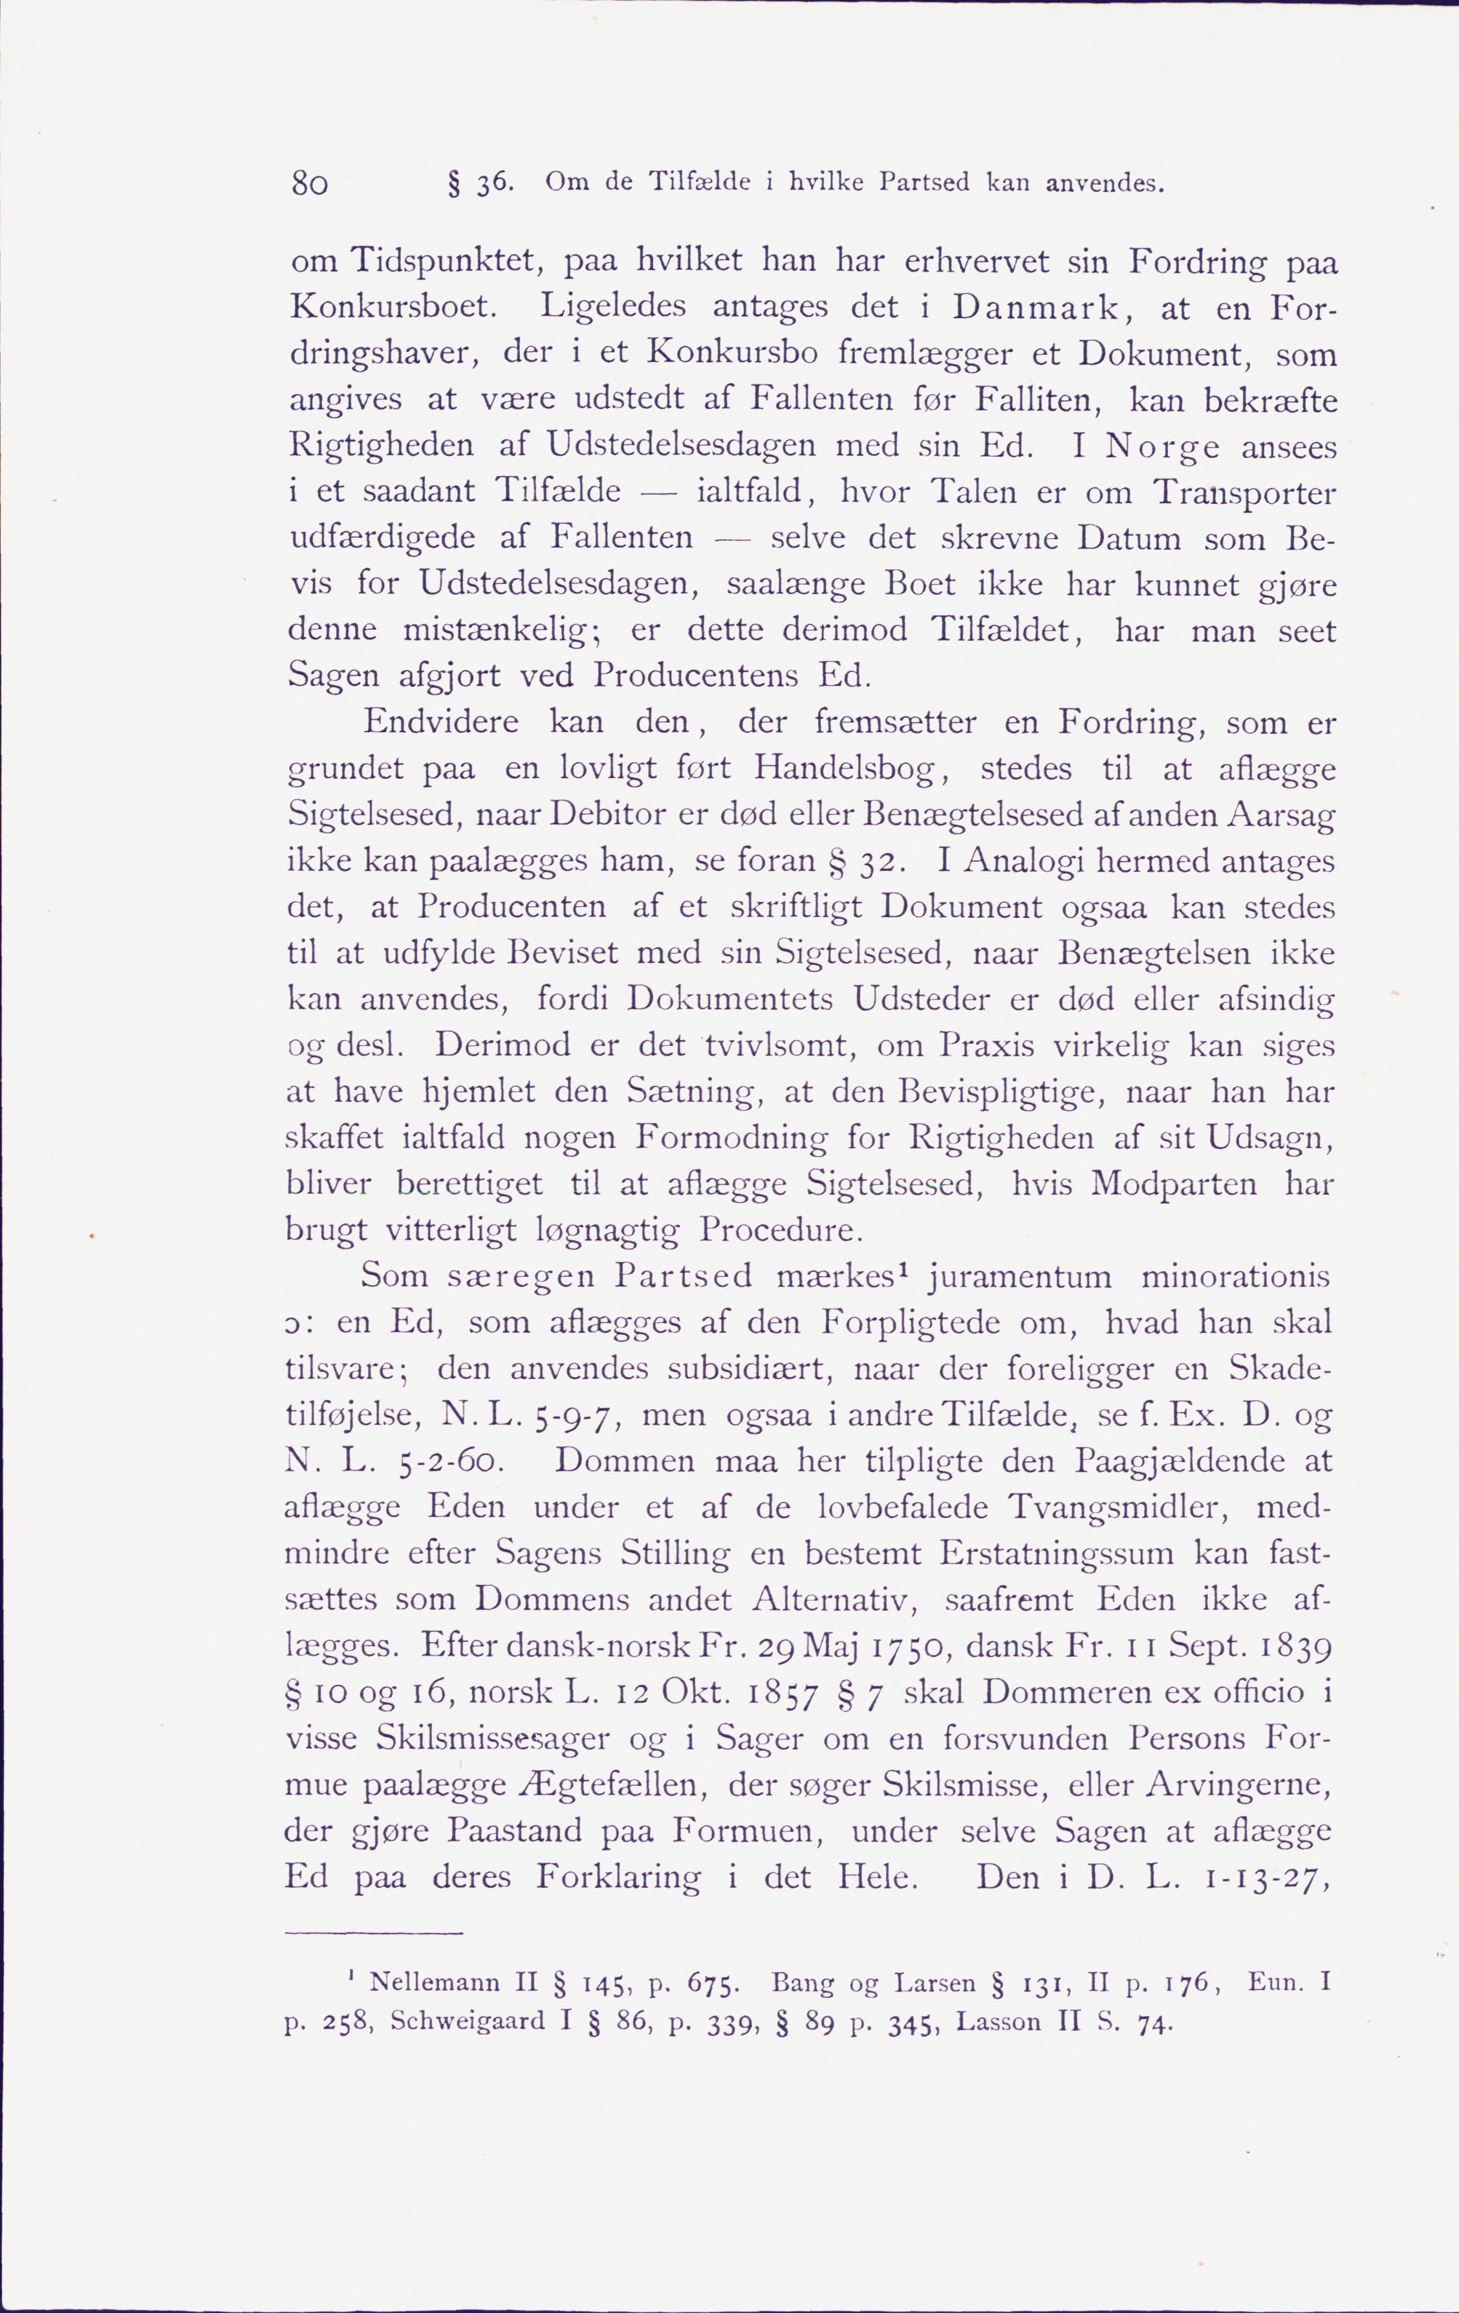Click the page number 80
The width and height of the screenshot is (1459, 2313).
[x=310, y=182]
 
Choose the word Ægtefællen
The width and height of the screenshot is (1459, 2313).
[x=615, y=1786]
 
